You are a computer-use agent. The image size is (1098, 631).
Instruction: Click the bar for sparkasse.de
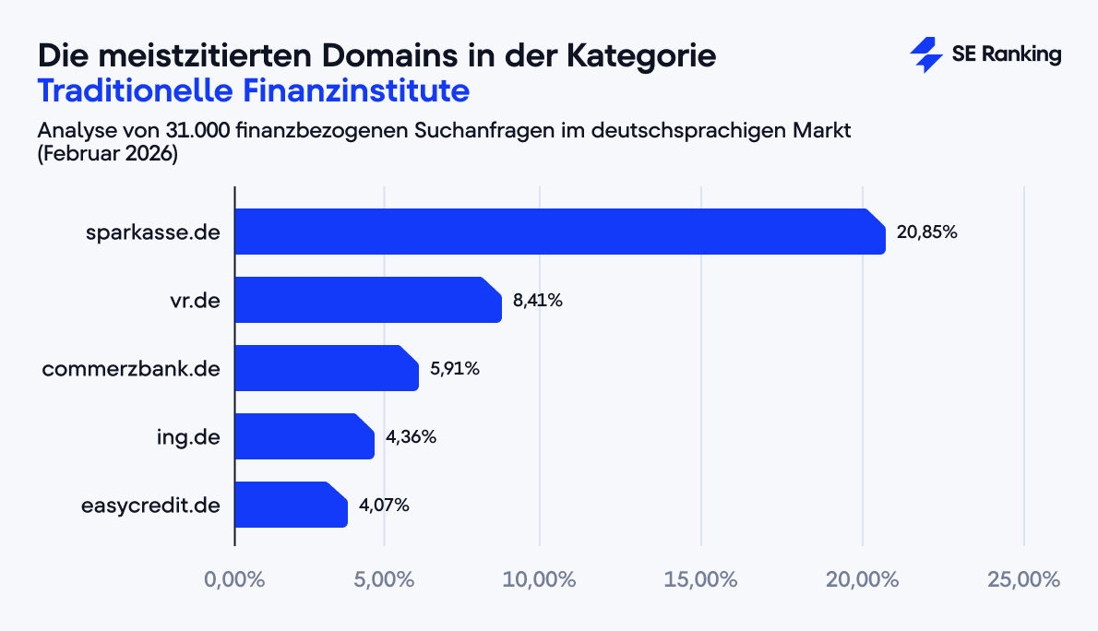[x=559, y=232]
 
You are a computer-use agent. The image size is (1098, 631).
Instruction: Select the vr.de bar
[x=367, y=300]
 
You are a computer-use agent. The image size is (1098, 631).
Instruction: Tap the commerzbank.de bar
[x=326, y=368]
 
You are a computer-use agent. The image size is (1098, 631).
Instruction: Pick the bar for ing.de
[x=304, y=436]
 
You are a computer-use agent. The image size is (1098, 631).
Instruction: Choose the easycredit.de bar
[x=291, y=505]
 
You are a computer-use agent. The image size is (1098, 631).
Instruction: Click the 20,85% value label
[x=926, y=232]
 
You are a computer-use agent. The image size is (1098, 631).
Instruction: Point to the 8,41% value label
[x=537, y=301]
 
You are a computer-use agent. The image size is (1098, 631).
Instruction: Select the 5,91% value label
[x=454, y=369]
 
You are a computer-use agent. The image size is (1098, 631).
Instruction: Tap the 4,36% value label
[x=411, y=437]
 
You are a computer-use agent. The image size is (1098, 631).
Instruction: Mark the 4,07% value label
[x=384, y=506]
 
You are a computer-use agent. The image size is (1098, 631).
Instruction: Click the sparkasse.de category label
[x=151, y=232]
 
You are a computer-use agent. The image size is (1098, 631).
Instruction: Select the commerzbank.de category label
[x=130, y=369]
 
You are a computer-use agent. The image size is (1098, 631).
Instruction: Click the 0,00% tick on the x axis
[x=234, y=580]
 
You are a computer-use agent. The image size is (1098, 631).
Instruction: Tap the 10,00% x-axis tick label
[x=542, y=580]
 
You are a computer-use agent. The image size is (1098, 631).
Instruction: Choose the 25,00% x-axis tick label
[x=1023, y=580]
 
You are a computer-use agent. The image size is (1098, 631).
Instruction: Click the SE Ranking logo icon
[x=925, y=54]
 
